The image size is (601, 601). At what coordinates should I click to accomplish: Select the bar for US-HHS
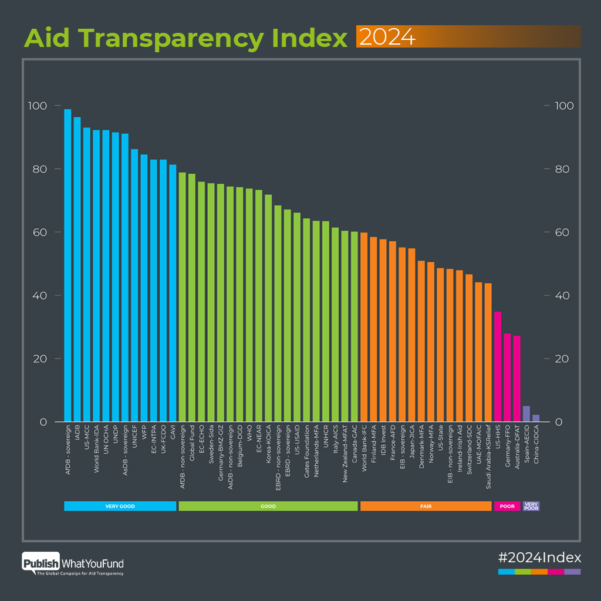[x=498, y=366]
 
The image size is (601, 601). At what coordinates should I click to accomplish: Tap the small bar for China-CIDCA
[x=536, y=418]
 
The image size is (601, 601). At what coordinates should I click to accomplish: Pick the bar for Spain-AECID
[x=526, y=414]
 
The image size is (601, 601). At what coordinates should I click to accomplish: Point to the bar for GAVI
[x=173, y=293]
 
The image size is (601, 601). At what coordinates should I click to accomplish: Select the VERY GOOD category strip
[x=120, y=506]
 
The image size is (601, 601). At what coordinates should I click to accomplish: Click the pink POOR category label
[x=507, y=506]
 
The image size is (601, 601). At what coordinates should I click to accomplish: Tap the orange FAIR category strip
[x=426, y=506]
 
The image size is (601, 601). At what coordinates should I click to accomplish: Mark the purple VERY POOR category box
[x=531, y=506]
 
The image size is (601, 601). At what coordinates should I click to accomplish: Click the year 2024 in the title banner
[x=387, y=37]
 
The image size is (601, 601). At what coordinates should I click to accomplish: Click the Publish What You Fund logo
[x=73, y=564]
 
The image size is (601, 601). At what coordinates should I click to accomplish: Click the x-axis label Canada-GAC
[x=354, y=455]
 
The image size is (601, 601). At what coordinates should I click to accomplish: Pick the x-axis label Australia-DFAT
[x=517, y=457]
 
